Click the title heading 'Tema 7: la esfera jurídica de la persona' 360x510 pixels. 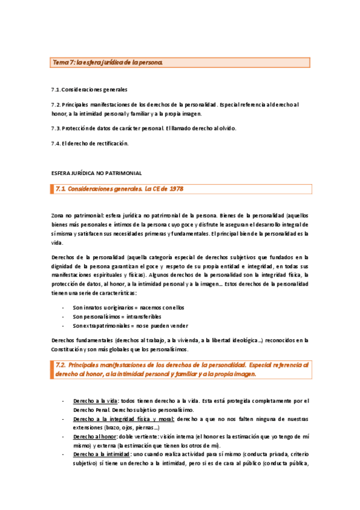[x=107, y=62]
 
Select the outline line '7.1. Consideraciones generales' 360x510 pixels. [x=89, y=90]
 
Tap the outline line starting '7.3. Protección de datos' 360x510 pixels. [x=144, y=128]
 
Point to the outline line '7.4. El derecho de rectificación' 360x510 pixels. [x=90, y=143]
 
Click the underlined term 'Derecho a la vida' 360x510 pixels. [x=95, y=401]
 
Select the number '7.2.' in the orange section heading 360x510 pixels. [x=59, y=364]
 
